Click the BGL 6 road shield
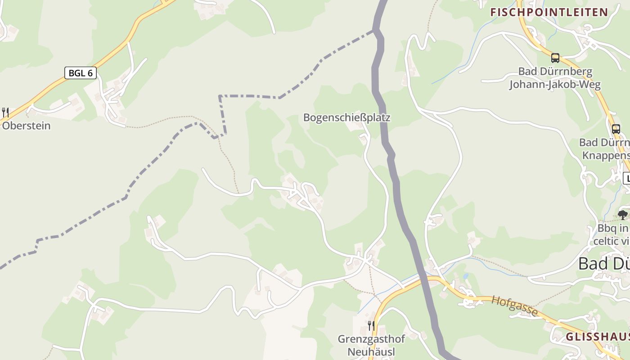(x=81, y=73)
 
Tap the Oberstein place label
(x=26, y=126)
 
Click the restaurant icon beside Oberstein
(x=5, y=112)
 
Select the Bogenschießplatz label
(x=346, y=118)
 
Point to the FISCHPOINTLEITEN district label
(x=549, y=12)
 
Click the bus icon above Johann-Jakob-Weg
(x=555, y=58)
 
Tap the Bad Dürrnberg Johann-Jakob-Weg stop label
(x=555, y=78)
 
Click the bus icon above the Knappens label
(x=616, y=129)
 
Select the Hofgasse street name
(x=514, y=306)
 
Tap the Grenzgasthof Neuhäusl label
(x=371, y=345)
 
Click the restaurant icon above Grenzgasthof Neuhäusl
(x=371, y=325)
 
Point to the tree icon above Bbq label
(x=623, y=215)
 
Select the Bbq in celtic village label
(x=612, y=234)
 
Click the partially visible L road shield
(x=626, y=179)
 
